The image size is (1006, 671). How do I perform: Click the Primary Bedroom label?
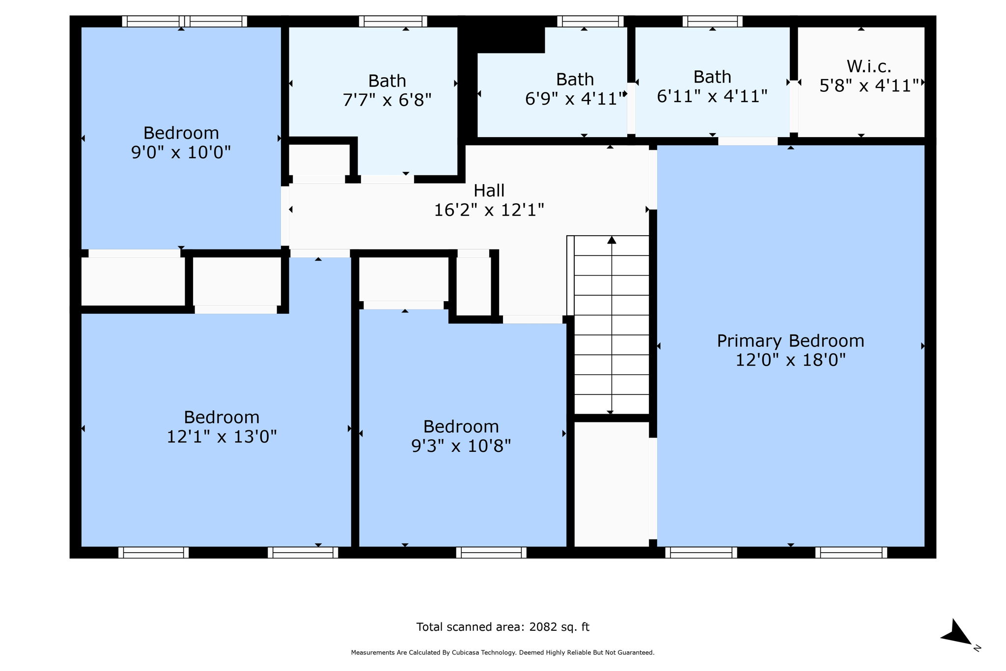790,341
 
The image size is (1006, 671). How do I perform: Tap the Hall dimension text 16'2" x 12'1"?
489,210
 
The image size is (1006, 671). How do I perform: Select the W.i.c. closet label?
868,66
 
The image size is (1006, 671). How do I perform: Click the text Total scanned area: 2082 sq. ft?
503,627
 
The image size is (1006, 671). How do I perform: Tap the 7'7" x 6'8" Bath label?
387,90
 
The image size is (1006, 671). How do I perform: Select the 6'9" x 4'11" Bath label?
574,89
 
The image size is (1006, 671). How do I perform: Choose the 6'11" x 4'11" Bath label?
712,86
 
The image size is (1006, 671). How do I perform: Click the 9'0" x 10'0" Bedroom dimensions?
181,152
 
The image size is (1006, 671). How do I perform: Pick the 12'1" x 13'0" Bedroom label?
222,426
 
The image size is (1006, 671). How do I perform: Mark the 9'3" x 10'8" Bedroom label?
461,436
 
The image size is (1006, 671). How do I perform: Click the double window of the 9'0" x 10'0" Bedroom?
184,21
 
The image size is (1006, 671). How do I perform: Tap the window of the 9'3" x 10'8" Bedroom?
491,553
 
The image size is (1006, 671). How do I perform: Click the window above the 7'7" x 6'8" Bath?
392,21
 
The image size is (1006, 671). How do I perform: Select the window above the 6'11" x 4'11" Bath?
712,21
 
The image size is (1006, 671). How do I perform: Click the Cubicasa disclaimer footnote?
503,653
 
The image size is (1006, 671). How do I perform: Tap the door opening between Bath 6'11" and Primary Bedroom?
748,141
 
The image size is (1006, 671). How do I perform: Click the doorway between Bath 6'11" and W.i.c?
793,106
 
